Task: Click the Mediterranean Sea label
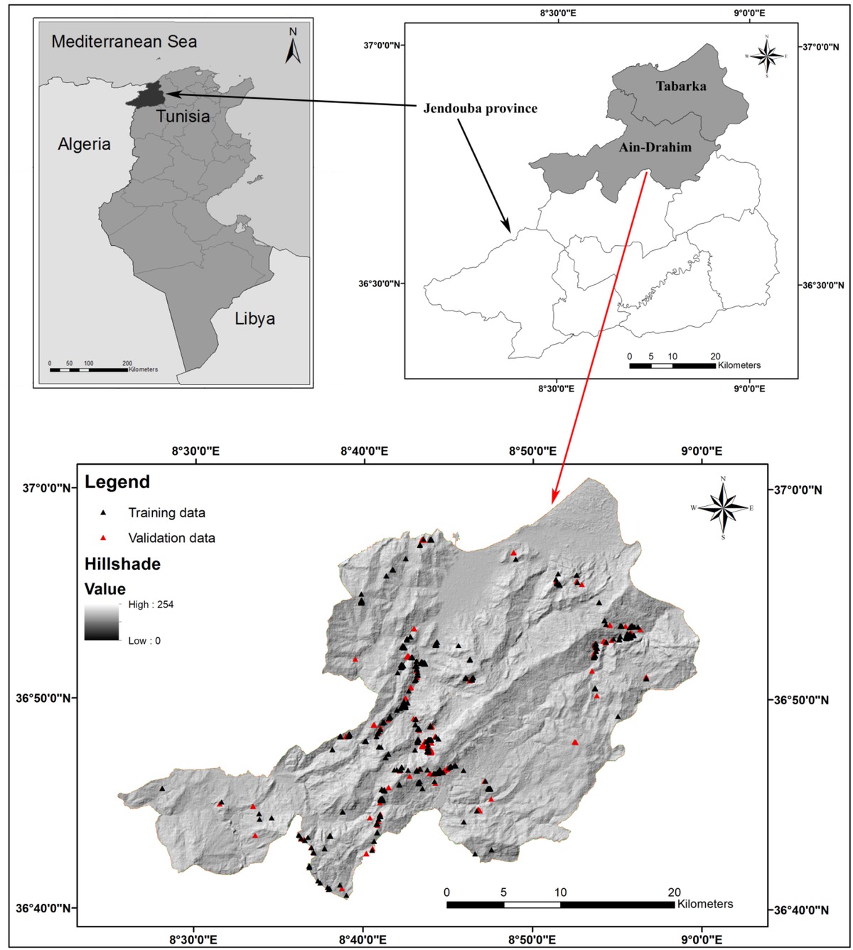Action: [124, 41]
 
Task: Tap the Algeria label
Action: [84, 144]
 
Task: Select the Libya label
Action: [254, 318]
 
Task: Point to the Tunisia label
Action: [183, 117]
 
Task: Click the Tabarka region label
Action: [681, 86]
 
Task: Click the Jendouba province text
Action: [481, 109]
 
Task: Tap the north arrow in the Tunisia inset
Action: [293, 45]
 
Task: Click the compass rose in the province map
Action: [766, 55]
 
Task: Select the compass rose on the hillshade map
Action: [723, 507]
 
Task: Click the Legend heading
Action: [117, 482]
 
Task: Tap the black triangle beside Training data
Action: [103, 512]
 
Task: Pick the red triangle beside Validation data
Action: [103, 538]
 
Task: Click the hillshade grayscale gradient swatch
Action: [102, 622]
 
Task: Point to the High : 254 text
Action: [151, 605]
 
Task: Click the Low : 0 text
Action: [144, 641]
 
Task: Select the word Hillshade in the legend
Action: [122, 564]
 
